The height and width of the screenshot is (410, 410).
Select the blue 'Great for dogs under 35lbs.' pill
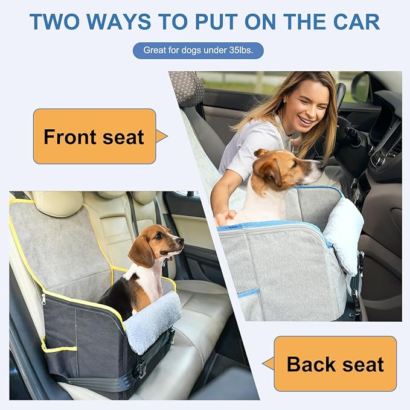coord(198,50)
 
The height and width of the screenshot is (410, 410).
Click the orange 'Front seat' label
coord(94,136)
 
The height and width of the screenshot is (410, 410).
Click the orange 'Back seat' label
coord(335,364)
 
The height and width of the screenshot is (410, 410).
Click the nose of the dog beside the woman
coord(319,164)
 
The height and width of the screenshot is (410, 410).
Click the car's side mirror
coord(362,88)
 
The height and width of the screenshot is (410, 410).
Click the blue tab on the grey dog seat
coord(248,293)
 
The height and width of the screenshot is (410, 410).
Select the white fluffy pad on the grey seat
coord(344,232)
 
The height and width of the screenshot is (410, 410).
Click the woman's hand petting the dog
coord(225,216)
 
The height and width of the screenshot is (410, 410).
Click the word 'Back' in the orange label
coord(310,364)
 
